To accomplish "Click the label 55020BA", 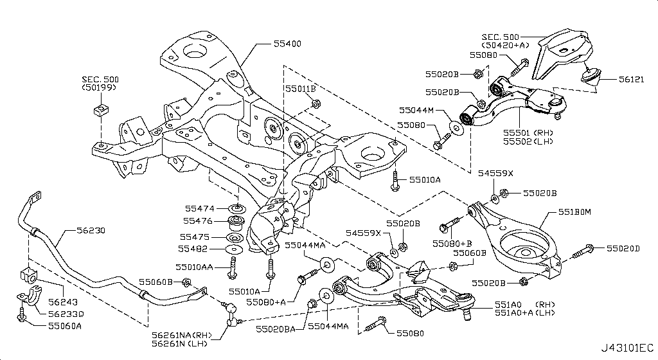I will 277,327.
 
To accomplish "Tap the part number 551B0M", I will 574,211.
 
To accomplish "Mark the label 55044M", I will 416,110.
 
